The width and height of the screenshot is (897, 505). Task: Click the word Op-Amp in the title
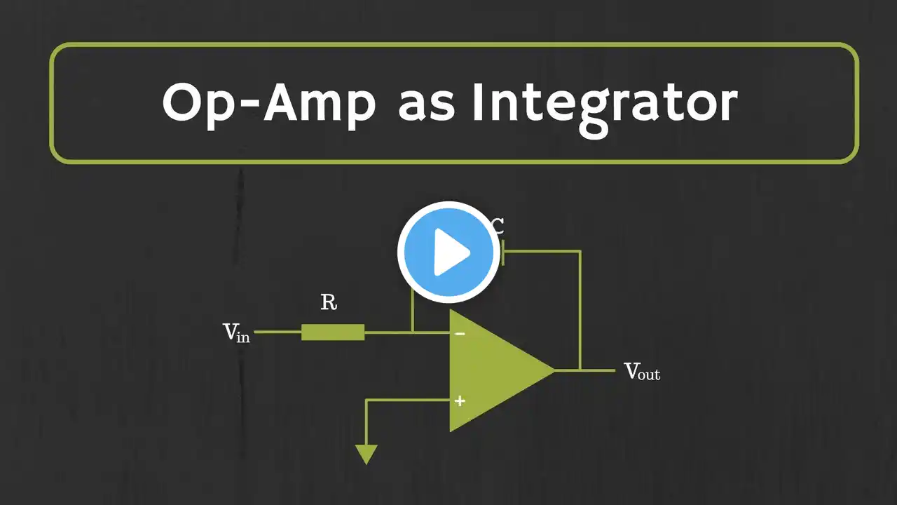click(x=269, y=103)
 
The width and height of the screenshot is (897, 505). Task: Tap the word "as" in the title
click(x=428, y=105)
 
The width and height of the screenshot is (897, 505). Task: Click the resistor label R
click(x=328, y=303)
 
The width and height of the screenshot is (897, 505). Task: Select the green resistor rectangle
click(x=333, y=332)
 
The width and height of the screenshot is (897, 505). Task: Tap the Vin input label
click(x=236, y=332)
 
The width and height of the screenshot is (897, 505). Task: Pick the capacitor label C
click(x=497, y=226)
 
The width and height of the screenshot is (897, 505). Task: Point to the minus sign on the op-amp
click(x=460, y=334)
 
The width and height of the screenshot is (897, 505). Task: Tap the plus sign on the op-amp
click(x=460, y=401)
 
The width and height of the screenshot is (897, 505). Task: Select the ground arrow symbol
click(x=366, y=454)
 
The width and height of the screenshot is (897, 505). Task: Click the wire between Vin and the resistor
click(x=278, y=332)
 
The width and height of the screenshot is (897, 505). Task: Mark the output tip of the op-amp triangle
click(x=554, y=370)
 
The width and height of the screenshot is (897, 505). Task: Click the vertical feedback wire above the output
click(x=580, y=309)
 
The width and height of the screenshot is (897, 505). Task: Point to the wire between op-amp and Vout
click(x=596, y=370)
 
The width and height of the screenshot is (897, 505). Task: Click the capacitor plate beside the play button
click(x=502, y=252)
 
